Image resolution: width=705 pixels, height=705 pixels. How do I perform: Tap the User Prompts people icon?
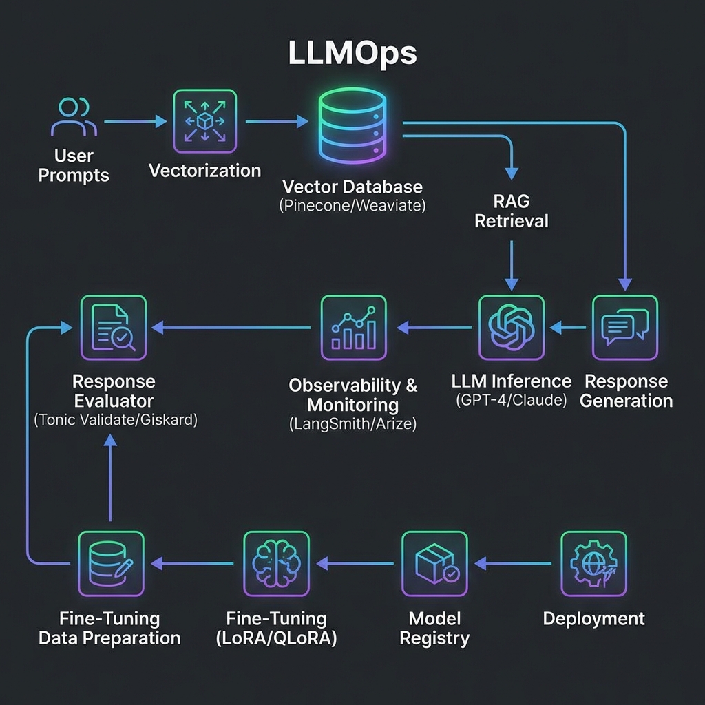[x=72, y=117]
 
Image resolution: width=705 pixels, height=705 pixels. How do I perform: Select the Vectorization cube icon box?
[x=204, y=122]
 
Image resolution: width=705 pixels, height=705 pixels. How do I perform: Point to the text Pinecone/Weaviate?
[x=352, y=205]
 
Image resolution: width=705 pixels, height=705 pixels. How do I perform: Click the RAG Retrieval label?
[x=511, y=211]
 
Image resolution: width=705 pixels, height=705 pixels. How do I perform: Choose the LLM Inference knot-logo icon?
[x=511, y=328]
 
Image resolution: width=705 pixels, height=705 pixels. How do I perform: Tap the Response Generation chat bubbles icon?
[x=625, y=328]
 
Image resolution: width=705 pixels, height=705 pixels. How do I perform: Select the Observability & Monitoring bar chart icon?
[x=353, y=328]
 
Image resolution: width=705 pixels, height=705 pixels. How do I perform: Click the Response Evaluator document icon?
[x=113, y=328]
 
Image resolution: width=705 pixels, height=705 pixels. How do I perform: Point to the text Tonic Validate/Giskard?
[x=116, y=420]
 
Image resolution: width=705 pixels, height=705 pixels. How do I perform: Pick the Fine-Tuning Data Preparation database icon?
[x=111, y=564]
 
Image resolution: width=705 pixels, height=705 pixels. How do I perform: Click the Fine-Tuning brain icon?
[x=276, y=564]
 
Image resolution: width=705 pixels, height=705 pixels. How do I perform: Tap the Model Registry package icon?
[x=434, y=564]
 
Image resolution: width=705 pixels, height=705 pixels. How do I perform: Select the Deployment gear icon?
[x=593, y=564]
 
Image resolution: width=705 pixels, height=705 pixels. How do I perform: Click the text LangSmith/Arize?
[x=353, y=424]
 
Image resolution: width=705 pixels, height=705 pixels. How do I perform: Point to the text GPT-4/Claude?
[x=511, y=401]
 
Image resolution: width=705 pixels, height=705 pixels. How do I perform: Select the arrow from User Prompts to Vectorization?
[x=136, y=122]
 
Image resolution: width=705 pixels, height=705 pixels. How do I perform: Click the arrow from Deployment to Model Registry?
[x=514, y=564]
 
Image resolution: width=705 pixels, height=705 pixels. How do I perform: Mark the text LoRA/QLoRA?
[x=276, y=638]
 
